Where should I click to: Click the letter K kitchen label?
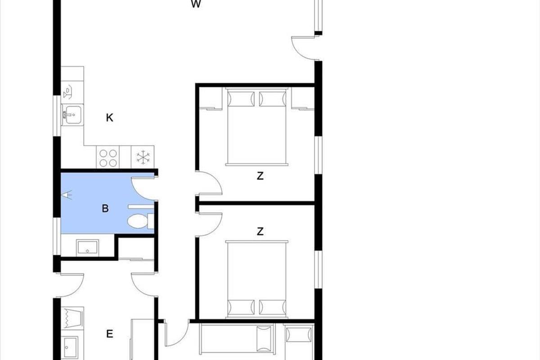click(x=109, y=117)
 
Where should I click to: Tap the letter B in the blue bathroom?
click(x=105, y=208)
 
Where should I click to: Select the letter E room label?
click(x=109, y=334)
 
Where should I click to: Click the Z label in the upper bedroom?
click(x=260, y=176)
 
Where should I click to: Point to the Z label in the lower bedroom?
click(x=260, y=231)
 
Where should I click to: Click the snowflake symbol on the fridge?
click(x=143, y=157)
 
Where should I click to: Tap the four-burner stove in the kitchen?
click(x=108, y=157)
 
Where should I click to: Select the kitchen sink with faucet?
click(x=72, y=115)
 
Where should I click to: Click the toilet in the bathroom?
click(x=140, y=221)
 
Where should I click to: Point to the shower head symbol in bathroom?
click(x=67, y=195)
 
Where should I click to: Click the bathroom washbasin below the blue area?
click(x=87, y=247)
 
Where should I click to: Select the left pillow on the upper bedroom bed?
click(x=241, y=99)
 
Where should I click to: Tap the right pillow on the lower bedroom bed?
click(x=273, y=307)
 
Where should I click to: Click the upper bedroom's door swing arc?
click(x=215, y=180)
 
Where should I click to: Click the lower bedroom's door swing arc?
click(x=215, y=227)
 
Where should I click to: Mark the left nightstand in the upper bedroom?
click(x=211, y=98)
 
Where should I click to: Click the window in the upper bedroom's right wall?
click(x=319, y=155)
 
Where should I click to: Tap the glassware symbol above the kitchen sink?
click(x=67, y=92)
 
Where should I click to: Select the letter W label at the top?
click(x=196, y=4)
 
